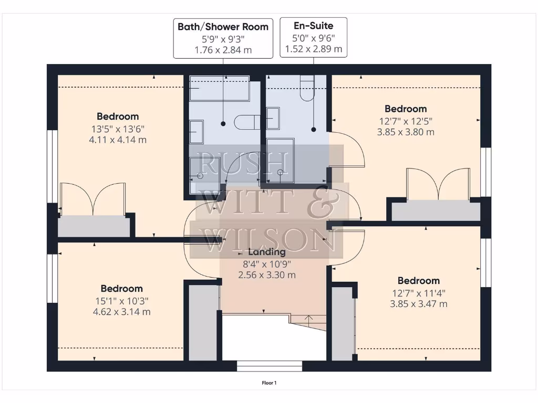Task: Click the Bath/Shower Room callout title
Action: tap(223, 27)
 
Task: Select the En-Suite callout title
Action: tap(314, 25)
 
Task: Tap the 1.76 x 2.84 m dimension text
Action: tap(223, 50)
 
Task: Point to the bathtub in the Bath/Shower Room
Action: tap(220, 88)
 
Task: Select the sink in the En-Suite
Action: tap(273, 118)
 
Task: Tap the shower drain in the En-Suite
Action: tap(281, 172)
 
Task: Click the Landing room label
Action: tap(267, 252)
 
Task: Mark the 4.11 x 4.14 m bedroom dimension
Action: tap(118, 140)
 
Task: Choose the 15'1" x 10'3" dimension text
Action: tap(121, 301)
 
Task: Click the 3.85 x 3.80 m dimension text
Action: tap(406, 132)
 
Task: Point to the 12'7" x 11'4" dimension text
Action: tap(419, 293)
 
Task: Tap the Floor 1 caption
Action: tap(269, 383)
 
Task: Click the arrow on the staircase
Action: tap(309, 318)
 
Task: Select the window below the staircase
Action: tap(270, 366)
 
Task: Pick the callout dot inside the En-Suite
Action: tap(314, 129)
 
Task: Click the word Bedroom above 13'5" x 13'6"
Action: tap(118, 116)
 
